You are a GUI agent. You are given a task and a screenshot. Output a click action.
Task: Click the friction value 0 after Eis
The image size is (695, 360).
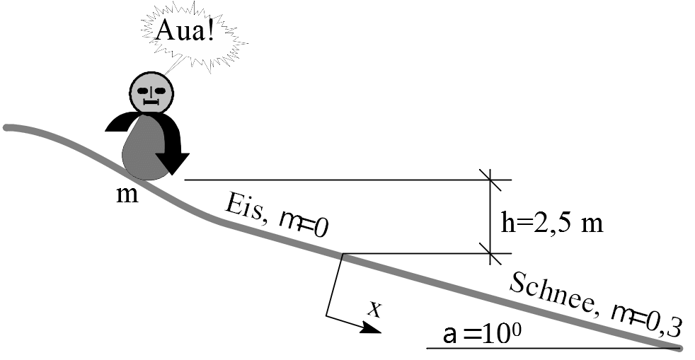(x=321, y=228)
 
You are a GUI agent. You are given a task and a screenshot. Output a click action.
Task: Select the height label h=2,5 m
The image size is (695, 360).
(x=552, y=223)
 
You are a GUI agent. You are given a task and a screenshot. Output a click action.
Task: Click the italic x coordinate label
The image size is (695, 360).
(x=377, y=308)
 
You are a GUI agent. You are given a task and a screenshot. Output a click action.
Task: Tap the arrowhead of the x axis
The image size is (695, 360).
(x=372, y=327)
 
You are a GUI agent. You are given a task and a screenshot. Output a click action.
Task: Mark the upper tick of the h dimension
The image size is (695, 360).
(x=490, y=180)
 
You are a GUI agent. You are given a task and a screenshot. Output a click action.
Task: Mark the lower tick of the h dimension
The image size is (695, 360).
(x=490, y=252)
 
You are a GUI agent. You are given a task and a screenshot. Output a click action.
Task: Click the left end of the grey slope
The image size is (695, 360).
(x=7, y=128)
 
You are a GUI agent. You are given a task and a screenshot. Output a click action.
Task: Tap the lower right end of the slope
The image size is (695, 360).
(x=678, y=347)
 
